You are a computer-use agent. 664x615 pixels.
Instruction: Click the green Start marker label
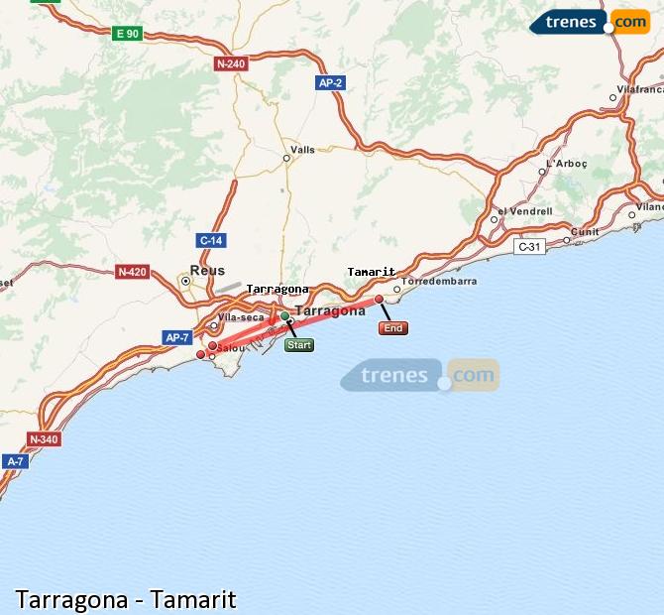point(298,345)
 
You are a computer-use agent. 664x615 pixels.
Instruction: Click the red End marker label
point(392,328)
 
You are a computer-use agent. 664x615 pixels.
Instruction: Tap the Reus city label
point(208,271)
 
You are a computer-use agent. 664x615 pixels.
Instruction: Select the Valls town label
point(302,150)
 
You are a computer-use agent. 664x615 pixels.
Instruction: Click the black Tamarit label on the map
point(372,272)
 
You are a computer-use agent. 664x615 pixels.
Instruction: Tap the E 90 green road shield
point(128,34)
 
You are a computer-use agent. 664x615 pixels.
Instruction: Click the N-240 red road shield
point(229,63)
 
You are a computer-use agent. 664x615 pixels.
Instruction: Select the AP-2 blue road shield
point(330,83)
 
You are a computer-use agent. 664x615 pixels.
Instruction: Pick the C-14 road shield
point(211,240)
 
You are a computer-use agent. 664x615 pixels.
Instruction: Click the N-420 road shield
point(131,272)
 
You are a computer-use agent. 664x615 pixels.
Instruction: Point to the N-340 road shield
point(44,438)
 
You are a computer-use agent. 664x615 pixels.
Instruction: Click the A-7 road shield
point(15,461)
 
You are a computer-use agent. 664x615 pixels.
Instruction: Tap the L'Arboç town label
point(567,164)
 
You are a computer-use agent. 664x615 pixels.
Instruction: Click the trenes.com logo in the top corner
point(591,21)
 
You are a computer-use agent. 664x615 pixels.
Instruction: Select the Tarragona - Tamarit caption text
point(126,599)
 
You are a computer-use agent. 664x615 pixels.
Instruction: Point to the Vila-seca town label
point(241,317)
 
